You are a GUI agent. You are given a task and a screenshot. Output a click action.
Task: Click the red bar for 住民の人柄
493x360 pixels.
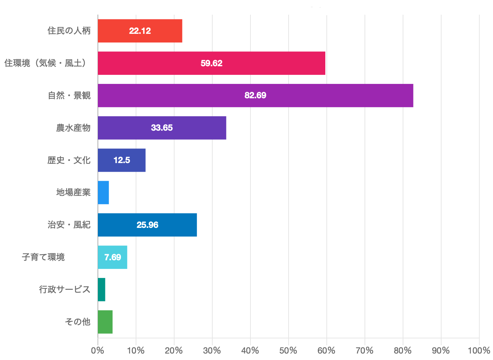pos(140,31)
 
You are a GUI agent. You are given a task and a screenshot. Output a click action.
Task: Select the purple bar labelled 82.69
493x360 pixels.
pos(255,95)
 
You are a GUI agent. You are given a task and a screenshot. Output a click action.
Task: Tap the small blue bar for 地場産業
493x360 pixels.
pos(103,193)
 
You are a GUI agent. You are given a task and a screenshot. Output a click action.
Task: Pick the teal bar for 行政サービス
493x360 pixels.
pos(101,290)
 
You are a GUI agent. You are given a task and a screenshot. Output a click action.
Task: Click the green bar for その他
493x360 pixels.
pos(105,322)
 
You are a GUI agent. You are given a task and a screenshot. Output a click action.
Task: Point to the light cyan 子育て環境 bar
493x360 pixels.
pos(113,257)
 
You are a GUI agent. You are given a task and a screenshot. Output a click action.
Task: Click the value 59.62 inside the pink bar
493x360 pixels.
pos(212,63)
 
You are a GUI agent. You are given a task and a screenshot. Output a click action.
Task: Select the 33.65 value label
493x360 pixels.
pos(162,128)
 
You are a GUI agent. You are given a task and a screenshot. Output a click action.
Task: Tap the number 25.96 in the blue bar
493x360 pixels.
pos(148,225)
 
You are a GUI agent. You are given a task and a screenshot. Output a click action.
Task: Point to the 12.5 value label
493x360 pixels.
pos(122,160)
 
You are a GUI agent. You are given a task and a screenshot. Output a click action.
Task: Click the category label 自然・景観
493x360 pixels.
pos(69,95)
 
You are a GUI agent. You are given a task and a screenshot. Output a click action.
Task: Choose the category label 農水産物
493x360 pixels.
pos(73,128)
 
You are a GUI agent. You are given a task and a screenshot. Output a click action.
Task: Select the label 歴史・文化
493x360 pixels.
pos(69,160)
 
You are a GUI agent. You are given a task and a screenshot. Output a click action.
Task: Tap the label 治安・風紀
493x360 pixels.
pos(69,225)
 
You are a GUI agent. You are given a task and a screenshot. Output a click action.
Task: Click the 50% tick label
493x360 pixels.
pos(288,351)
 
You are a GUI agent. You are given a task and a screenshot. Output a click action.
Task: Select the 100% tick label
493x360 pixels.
pos(479,351)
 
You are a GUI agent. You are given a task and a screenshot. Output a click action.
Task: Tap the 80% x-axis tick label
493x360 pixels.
pos(403,351)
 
